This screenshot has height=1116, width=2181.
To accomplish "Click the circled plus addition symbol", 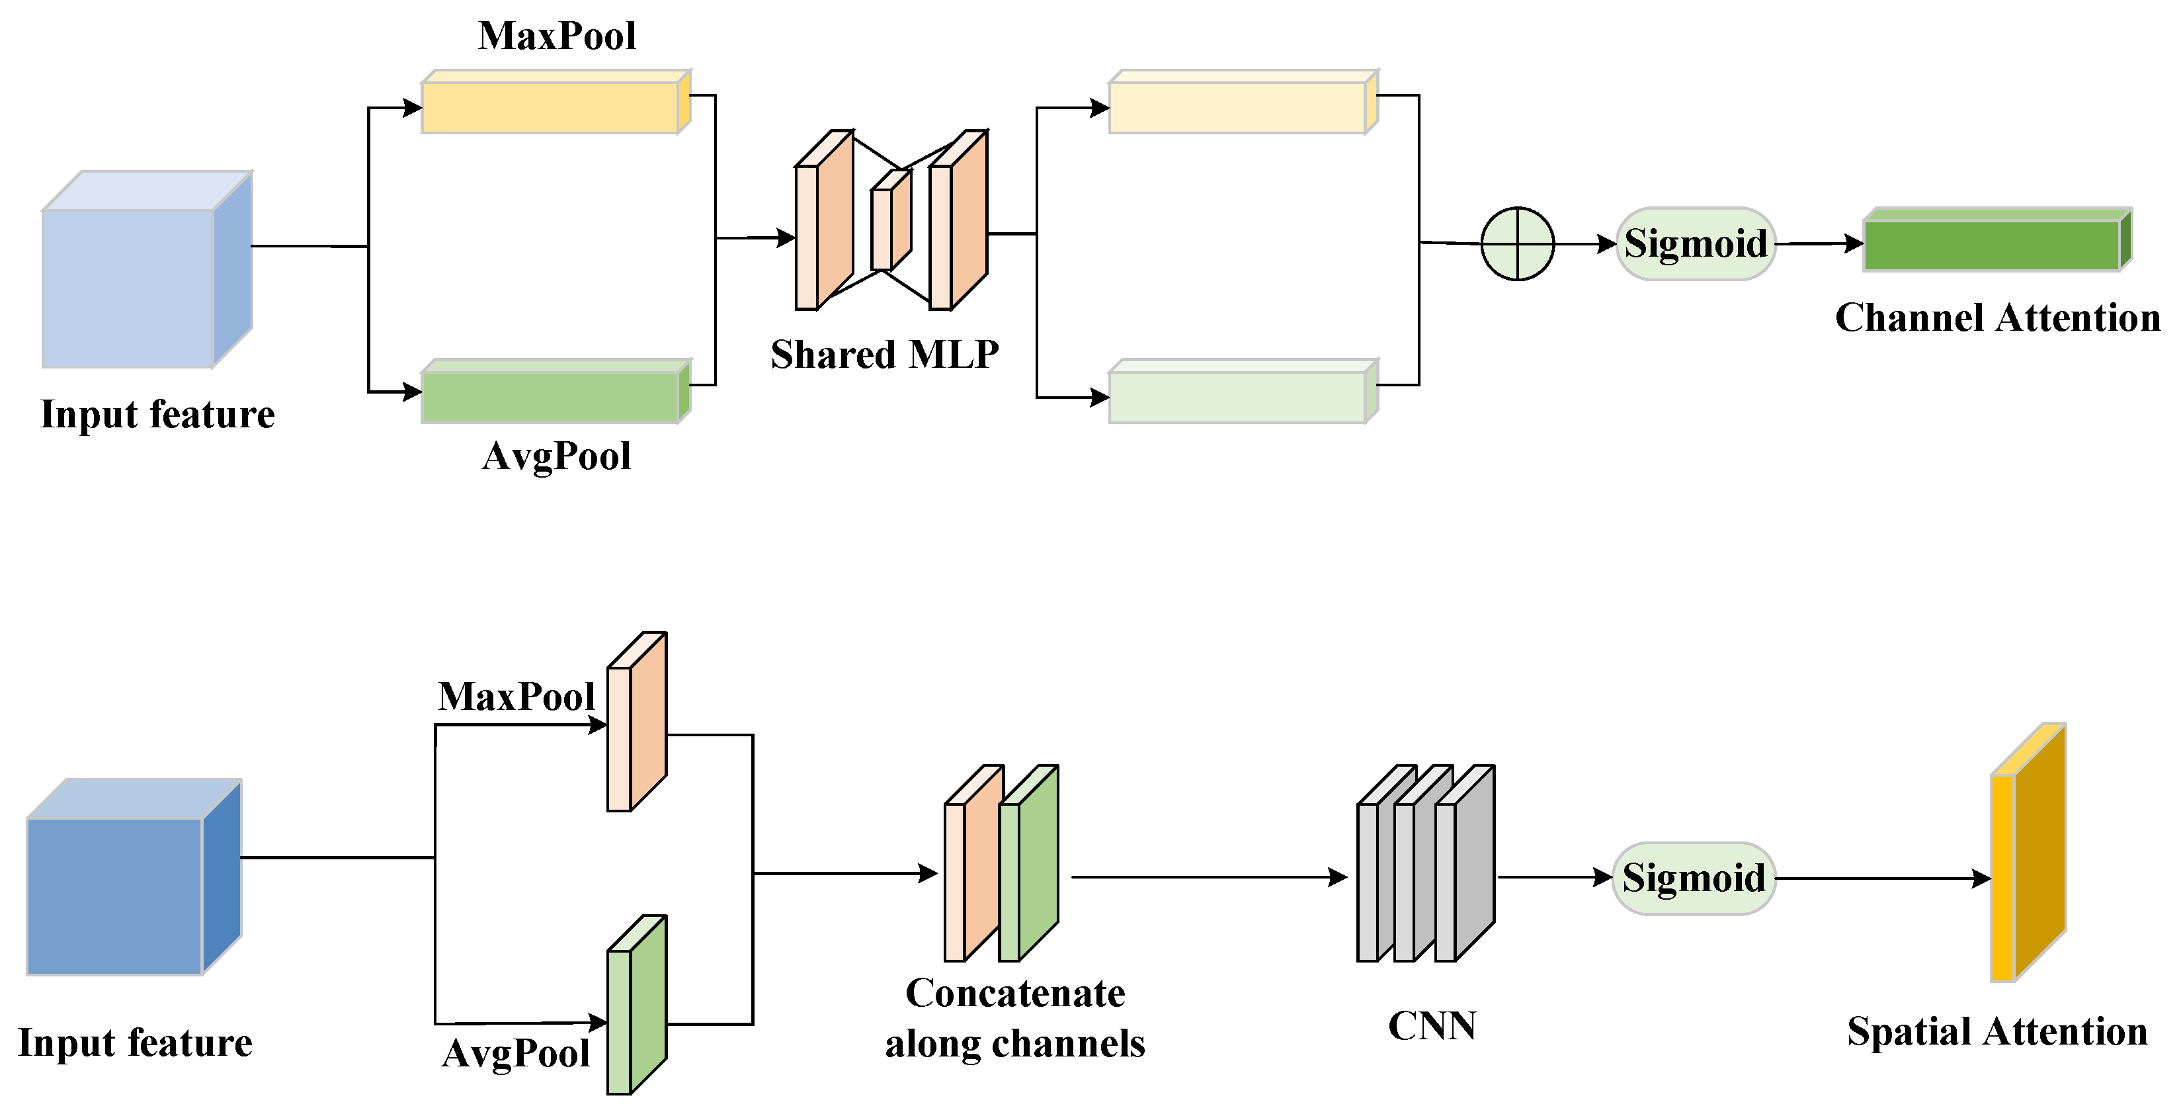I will tap(1517, 244).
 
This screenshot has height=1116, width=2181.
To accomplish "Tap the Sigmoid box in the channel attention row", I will tap(1695, 244).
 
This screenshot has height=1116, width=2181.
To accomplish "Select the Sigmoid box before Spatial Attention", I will tap(1694, 878).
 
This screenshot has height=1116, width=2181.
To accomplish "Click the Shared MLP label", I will tap(884, 354).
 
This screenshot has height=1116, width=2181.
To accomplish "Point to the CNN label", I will tap(1432, 1025).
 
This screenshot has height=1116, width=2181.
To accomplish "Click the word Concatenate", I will tap(1014, 992).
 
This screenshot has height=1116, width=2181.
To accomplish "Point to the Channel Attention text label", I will tap(1996, 318).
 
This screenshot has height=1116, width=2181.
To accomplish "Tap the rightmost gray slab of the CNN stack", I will tap(1468, 864).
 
